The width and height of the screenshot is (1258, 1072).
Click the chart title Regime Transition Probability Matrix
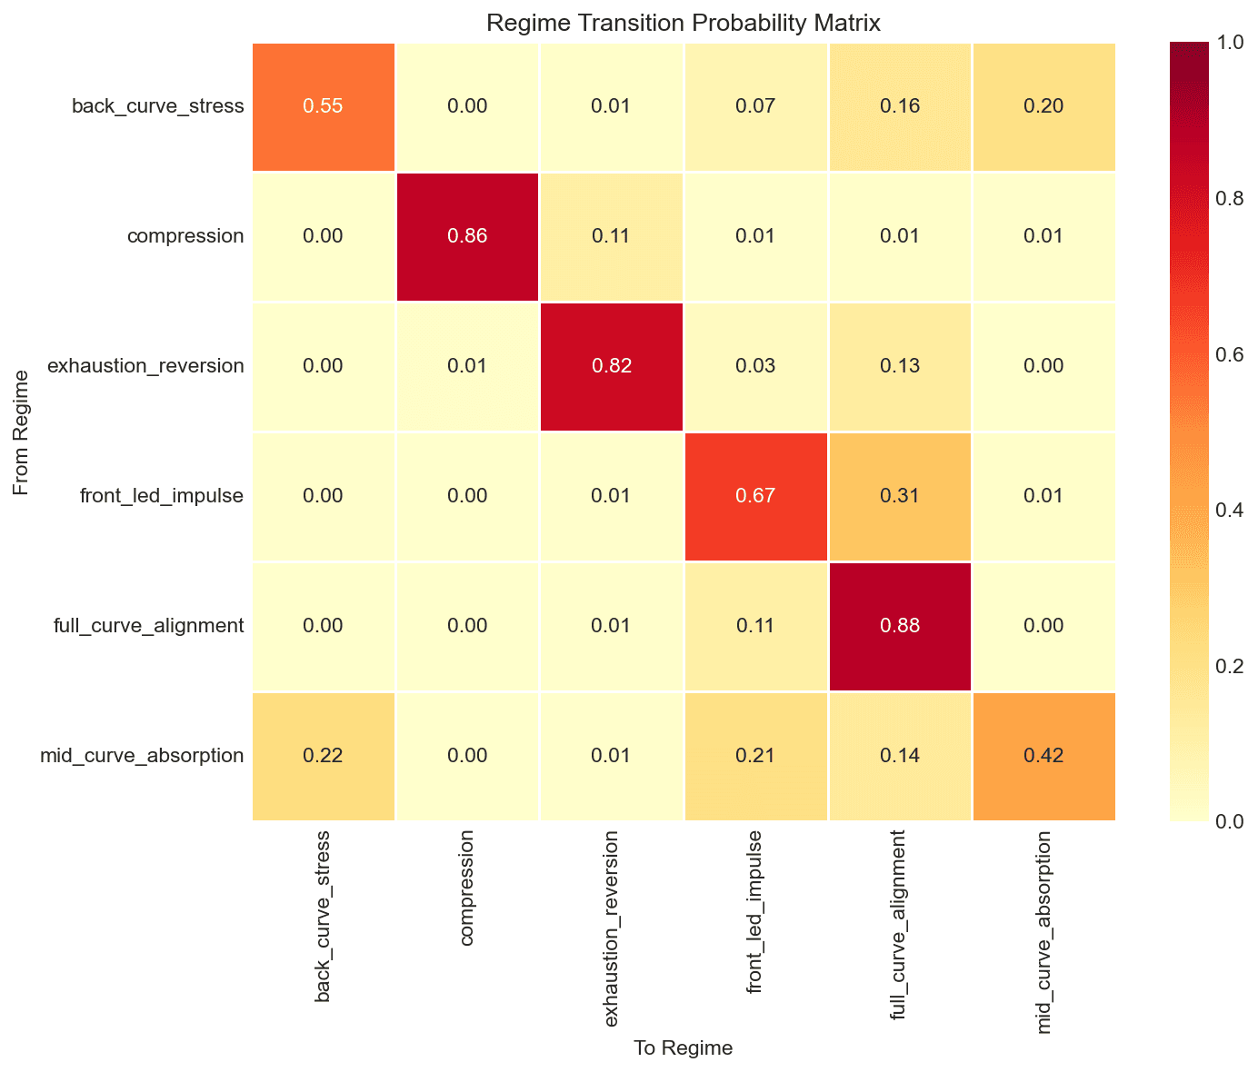tap(684, 23)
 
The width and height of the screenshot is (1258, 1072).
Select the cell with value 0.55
tap(324, 107)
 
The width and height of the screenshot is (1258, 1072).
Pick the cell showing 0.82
tap(611, 367)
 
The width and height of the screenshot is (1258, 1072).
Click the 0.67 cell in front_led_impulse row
tap(755, 497)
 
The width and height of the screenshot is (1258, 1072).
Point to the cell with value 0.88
tap(899, 626)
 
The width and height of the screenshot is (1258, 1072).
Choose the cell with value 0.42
tap(1043, 756)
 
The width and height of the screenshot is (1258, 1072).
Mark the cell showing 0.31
tap(899, 497)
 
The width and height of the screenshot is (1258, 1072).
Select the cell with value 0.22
tap(324, 756)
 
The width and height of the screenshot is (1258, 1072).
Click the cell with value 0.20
tap(1043, 107)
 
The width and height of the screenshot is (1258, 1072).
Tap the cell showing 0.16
tap(899, 107)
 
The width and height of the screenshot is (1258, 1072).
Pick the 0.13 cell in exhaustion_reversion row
tap(899, 367)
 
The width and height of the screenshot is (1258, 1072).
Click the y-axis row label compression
tap(185, 237)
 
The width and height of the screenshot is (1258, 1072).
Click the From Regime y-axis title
tap(21, 432)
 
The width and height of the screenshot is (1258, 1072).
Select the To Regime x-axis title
tap(684, 1048)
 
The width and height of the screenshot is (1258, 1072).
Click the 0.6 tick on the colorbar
tap(1231, 354)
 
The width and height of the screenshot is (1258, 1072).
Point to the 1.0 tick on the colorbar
tap(1231, 43)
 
